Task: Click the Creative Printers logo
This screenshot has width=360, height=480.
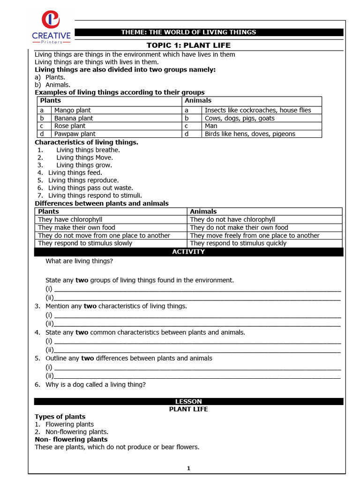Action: (x=51, y=27)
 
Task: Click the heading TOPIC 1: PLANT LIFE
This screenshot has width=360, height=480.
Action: (x=188, y=45)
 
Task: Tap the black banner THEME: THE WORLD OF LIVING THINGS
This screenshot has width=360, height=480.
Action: (x=188, y=32)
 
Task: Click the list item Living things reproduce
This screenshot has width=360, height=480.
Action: (x=83, y=180)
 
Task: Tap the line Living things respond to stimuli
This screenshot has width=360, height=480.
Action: (x=95, y=195)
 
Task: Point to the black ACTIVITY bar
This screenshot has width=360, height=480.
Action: (x=188, y=252)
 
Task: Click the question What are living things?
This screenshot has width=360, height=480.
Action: (x=79, y=261)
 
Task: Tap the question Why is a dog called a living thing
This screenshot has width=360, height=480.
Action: (x=96, y=384)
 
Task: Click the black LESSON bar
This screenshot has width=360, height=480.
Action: (x=188, y=401)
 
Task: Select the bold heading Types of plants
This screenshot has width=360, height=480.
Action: (x=60, y=417)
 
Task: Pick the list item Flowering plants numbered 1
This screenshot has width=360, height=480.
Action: (x=69, y=424)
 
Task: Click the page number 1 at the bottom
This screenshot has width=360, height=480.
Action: (x=188, y=468)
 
